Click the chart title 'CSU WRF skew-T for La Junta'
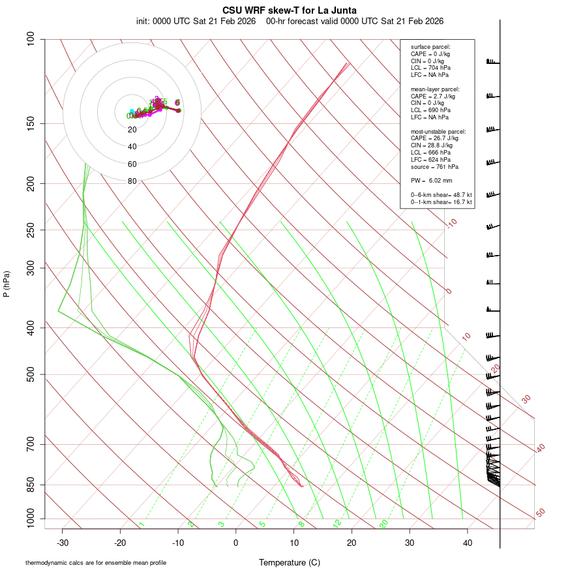(x=290, y=10)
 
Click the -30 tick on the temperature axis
(x=63, y=542)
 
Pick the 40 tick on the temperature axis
(x=467, y=542)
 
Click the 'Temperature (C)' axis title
(x=290, y=563)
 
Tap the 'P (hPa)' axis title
(x=7, y=284)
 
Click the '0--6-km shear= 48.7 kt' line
(x=441, y=195)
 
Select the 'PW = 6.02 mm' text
(x=431, y=181)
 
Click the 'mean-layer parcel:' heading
(x=435, y=89)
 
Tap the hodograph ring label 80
(x=132, y=181)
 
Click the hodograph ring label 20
(x=132, y=130)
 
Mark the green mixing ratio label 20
(x=384, y=524)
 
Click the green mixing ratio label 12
(x=337, y=524)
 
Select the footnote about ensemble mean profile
(x=96, y=563)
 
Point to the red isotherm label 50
(x=540, y=513)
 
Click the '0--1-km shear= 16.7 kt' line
(x=441, y=202)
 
